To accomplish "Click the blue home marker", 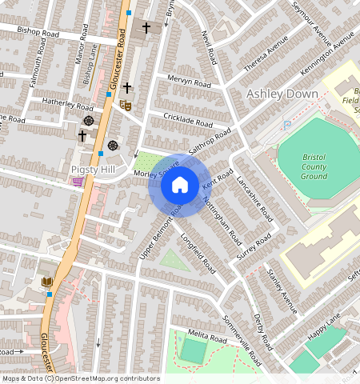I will pos(180,186).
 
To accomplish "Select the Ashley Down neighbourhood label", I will pos(282,94).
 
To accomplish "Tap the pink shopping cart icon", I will pos(78,182).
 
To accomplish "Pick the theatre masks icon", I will pos(125,104).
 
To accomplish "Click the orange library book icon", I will pos(47,282).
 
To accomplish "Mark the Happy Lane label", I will pos(326,324).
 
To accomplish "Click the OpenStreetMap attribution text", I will pos(80,378).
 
